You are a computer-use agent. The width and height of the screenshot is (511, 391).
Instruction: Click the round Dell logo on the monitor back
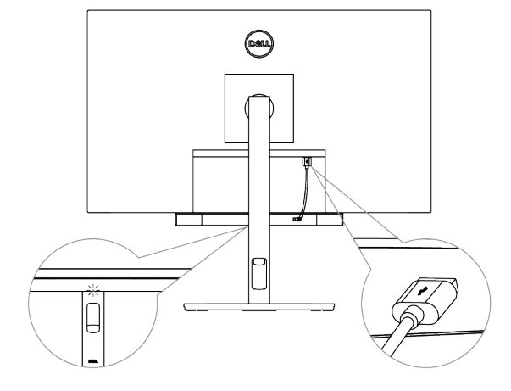(259, 44)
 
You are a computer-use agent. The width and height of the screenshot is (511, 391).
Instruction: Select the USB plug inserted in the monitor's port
(307, 162)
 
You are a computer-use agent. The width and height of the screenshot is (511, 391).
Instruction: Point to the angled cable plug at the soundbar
(297, 219)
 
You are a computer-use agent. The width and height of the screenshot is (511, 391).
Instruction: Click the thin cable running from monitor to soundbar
(306, 193)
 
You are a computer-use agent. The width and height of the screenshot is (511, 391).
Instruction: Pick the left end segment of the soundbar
(188, 219)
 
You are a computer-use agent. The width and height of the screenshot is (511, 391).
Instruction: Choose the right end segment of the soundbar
(330, 219)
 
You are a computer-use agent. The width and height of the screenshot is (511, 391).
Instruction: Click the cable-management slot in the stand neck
(259, 273)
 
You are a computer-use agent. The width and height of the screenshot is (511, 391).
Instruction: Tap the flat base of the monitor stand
(259, 307)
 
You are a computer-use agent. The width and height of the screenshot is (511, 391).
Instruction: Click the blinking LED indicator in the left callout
(93, 289)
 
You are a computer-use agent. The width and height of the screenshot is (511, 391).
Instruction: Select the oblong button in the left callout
(93, 317)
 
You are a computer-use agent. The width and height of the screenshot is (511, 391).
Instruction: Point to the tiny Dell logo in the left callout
(93, 361)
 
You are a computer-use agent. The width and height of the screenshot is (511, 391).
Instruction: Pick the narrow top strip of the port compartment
(259, 153)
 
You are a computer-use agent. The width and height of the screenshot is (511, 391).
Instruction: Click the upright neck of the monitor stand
(259, 199)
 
